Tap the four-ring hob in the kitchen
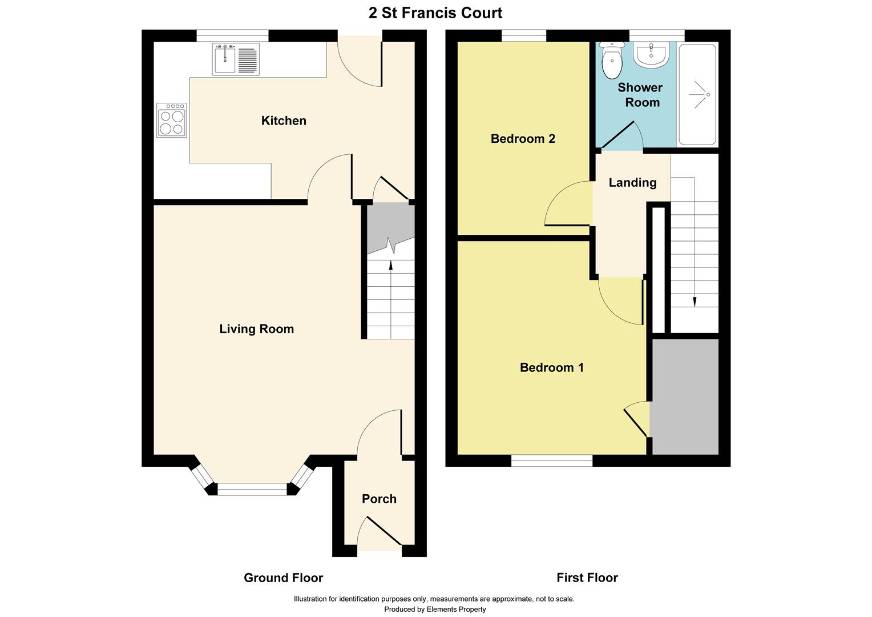pyautogui.click(x=172, y=121)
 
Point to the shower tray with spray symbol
pyautogui.click(x=697, y=95)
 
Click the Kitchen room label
pyautogui.click(x=284, y=121)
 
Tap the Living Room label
pyautogui.click(x=256, y=329)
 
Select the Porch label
pyautogui.click(x=379, y=499)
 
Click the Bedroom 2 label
pyautogui.click(x=523, y=139)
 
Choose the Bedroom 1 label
pyautogui.click(x=551, y=367)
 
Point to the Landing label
pyautogui.click(x=632, y=183)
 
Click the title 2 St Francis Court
pyautogui.click(x=435, y=13)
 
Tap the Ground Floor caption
pyautogui.click(x=283, y=578)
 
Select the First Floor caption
pyautogui.click(x=587, y=578)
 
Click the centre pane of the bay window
pyautogui.click(x=252, y=489)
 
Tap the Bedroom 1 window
pyautogui.click(x=551, y=460)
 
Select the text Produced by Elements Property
pyautogui.click(x=435, y=610)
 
